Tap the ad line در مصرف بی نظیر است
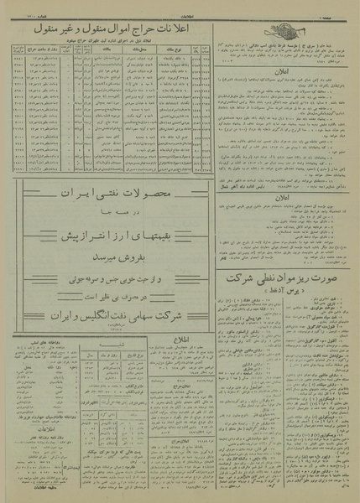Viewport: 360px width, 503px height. coord(110,283)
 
